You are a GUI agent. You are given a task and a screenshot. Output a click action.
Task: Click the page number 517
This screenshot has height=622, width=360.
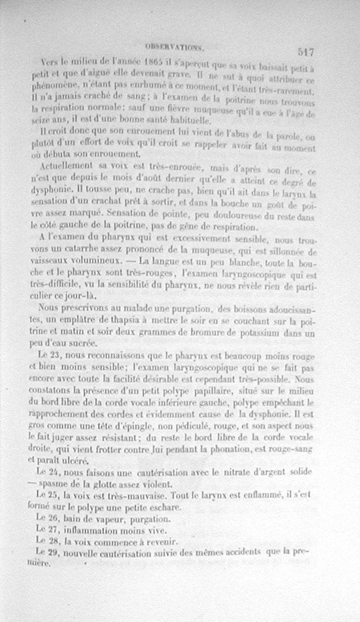[306, 52]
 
